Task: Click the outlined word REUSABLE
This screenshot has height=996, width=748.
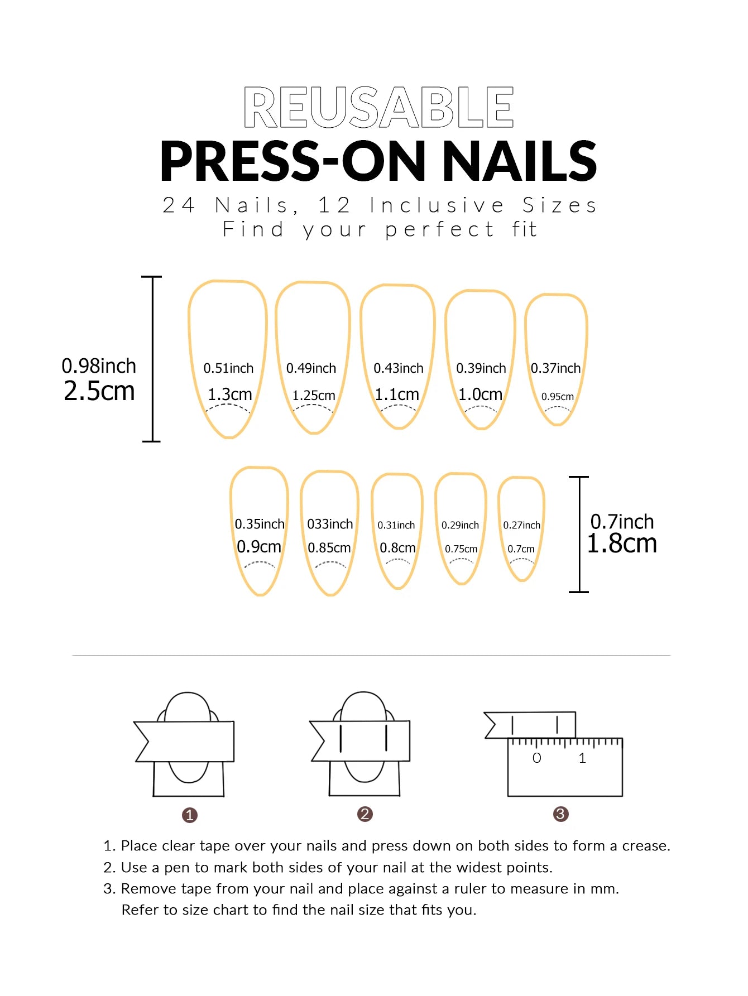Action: (x=378, y=107)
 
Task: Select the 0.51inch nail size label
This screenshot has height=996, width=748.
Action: (x=228, y=368)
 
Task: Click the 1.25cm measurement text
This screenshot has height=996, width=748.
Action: (x=314, y=396)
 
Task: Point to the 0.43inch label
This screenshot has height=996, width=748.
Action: (x=398, y=368)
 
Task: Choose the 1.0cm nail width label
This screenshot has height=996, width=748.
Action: (x=480, y=394)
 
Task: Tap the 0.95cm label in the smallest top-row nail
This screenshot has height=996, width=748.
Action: (x=557, y=397)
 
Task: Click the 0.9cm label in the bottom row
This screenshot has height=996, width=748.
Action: (x=259, y=547)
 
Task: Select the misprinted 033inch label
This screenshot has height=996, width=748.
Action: (x=330, y=524)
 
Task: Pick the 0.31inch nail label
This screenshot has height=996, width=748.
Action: (x=396, y=525)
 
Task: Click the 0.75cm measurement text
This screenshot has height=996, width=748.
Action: (x=461, y=549)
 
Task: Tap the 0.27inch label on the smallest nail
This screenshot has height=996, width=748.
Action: (x=521, y=525)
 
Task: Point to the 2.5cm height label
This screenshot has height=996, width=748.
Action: (x=99, y=391)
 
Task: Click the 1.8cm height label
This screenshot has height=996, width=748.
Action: (x=622, y=543)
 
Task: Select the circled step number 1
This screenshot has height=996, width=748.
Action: (x=190, y=815)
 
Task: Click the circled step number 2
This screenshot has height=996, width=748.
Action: (x=365, y=814)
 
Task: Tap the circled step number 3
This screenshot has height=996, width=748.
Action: (x=560, y=814)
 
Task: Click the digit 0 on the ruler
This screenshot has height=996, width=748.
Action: (x=536, y=758)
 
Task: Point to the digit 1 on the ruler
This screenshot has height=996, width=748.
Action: (x=582, y=758)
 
